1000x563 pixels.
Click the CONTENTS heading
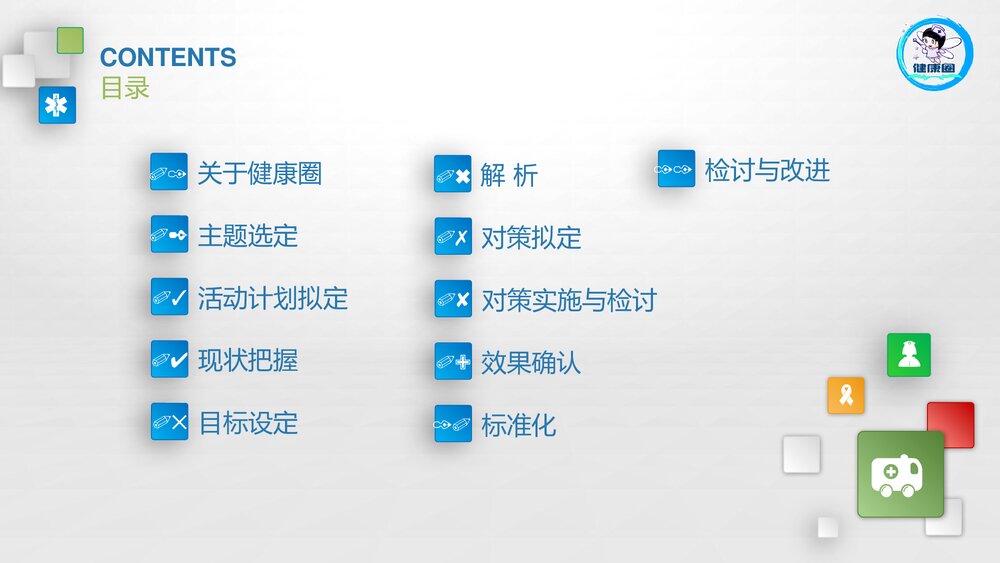(x=168, y=57)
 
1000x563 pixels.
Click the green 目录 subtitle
(x=125, y=88)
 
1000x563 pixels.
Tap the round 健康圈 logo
(x=934, y=54)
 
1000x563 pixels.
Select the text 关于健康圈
(x=259, y=173)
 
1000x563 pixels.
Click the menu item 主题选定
(x=247, y=236)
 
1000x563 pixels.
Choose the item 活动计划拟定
(x=272, y=298)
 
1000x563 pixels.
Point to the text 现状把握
(x=247, y=360)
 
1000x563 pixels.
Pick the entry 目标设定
(x=247, y=423)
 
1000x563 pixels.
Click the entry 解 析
(x=509, y=176)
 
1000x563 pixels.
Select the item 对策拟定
(x=531, y=238)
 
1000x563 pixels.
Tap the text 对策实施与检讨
(x=568, y=300)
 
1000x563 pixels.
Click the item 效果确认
(x=531, y=363)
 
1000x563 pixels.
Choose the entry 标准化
(x=518, y=425)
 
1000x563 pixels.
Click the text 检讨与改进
(x=767, y=170)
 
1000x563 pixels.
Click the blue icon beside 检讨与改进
(x=676, y=169)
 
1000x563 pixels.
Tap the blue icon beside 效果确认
(x=453, y=362)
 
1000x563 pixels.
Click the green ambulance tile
(x=900, y=474)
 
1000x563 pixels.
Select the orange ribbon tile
(x=845, y=395)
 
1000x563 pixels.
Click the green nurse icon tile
(x=908, y=355)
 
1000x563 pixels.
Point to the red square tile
(x=950, y=424)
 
